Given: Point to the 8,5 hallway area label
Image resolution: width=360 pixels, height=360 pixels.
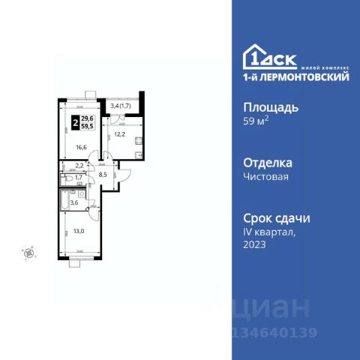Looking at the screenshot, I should click(x=103, y=177).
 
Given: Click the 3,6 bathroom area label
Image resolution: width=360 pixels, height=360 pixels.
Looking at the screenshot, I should click(x=74, y=202).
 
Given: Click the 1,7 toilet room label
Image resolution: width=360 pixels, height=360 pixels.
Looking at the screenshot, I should click(x=79, y=178).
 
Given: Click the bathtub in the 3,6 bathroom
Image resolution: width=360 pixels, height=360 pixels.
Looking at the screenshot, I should click(x=61, y=202).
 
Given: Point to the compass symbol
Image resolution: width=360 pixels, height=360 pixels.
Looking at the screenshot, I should click(x=29, y=253).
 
